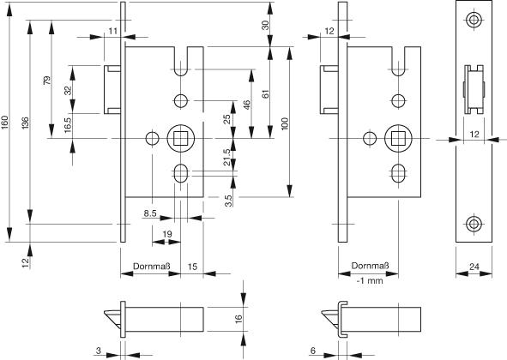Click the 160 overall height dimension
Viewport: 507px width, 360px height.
[x=4, y=123]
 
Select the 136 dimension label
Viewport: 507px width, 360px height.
[x=25, y=123]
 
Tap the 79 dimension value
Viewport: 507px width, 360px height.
[x=47, y=81]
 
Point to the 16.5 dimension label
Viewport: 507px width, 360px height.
[x=68, y=125]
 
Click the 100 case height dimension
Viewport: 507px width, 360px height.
[x=285, y=123]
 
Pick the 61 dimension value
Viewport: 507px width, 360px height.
[x=265, y=94]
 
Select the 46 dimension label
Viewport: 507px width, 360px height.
[x=246, y=105]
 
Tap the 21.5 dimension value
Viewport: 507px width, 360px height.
[x=227, y=157]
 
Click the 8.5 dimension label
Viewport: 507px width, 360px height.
[x=150, y=213]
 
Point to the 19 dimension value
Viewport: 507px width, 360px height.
[x=167, y=234]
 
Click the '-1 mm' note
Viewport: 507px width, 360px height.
[x=370, y=281]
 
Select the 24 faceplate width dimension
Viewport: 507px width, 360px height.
[x=474, y=267]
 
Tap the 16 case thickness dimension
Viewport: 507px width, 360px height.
[x=238, y=319]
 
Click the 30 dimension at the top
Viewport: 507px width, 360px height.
[x=265, y=25]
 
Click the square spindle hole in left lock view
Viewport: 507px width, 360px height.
[x=180, y=139]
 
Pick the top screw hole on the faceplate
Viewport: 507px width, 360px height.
[x=474, y=20]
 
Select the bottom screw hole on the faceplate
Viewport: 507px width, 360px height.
[x=474, y=224]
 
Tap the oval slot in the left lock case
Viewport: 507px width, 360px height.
[x=180, y=173]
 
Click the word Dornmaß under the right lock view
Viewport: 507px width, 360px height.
[x=371, y=266]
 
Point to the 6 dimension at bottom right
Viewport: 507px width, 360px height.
[x=312, y=351]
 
